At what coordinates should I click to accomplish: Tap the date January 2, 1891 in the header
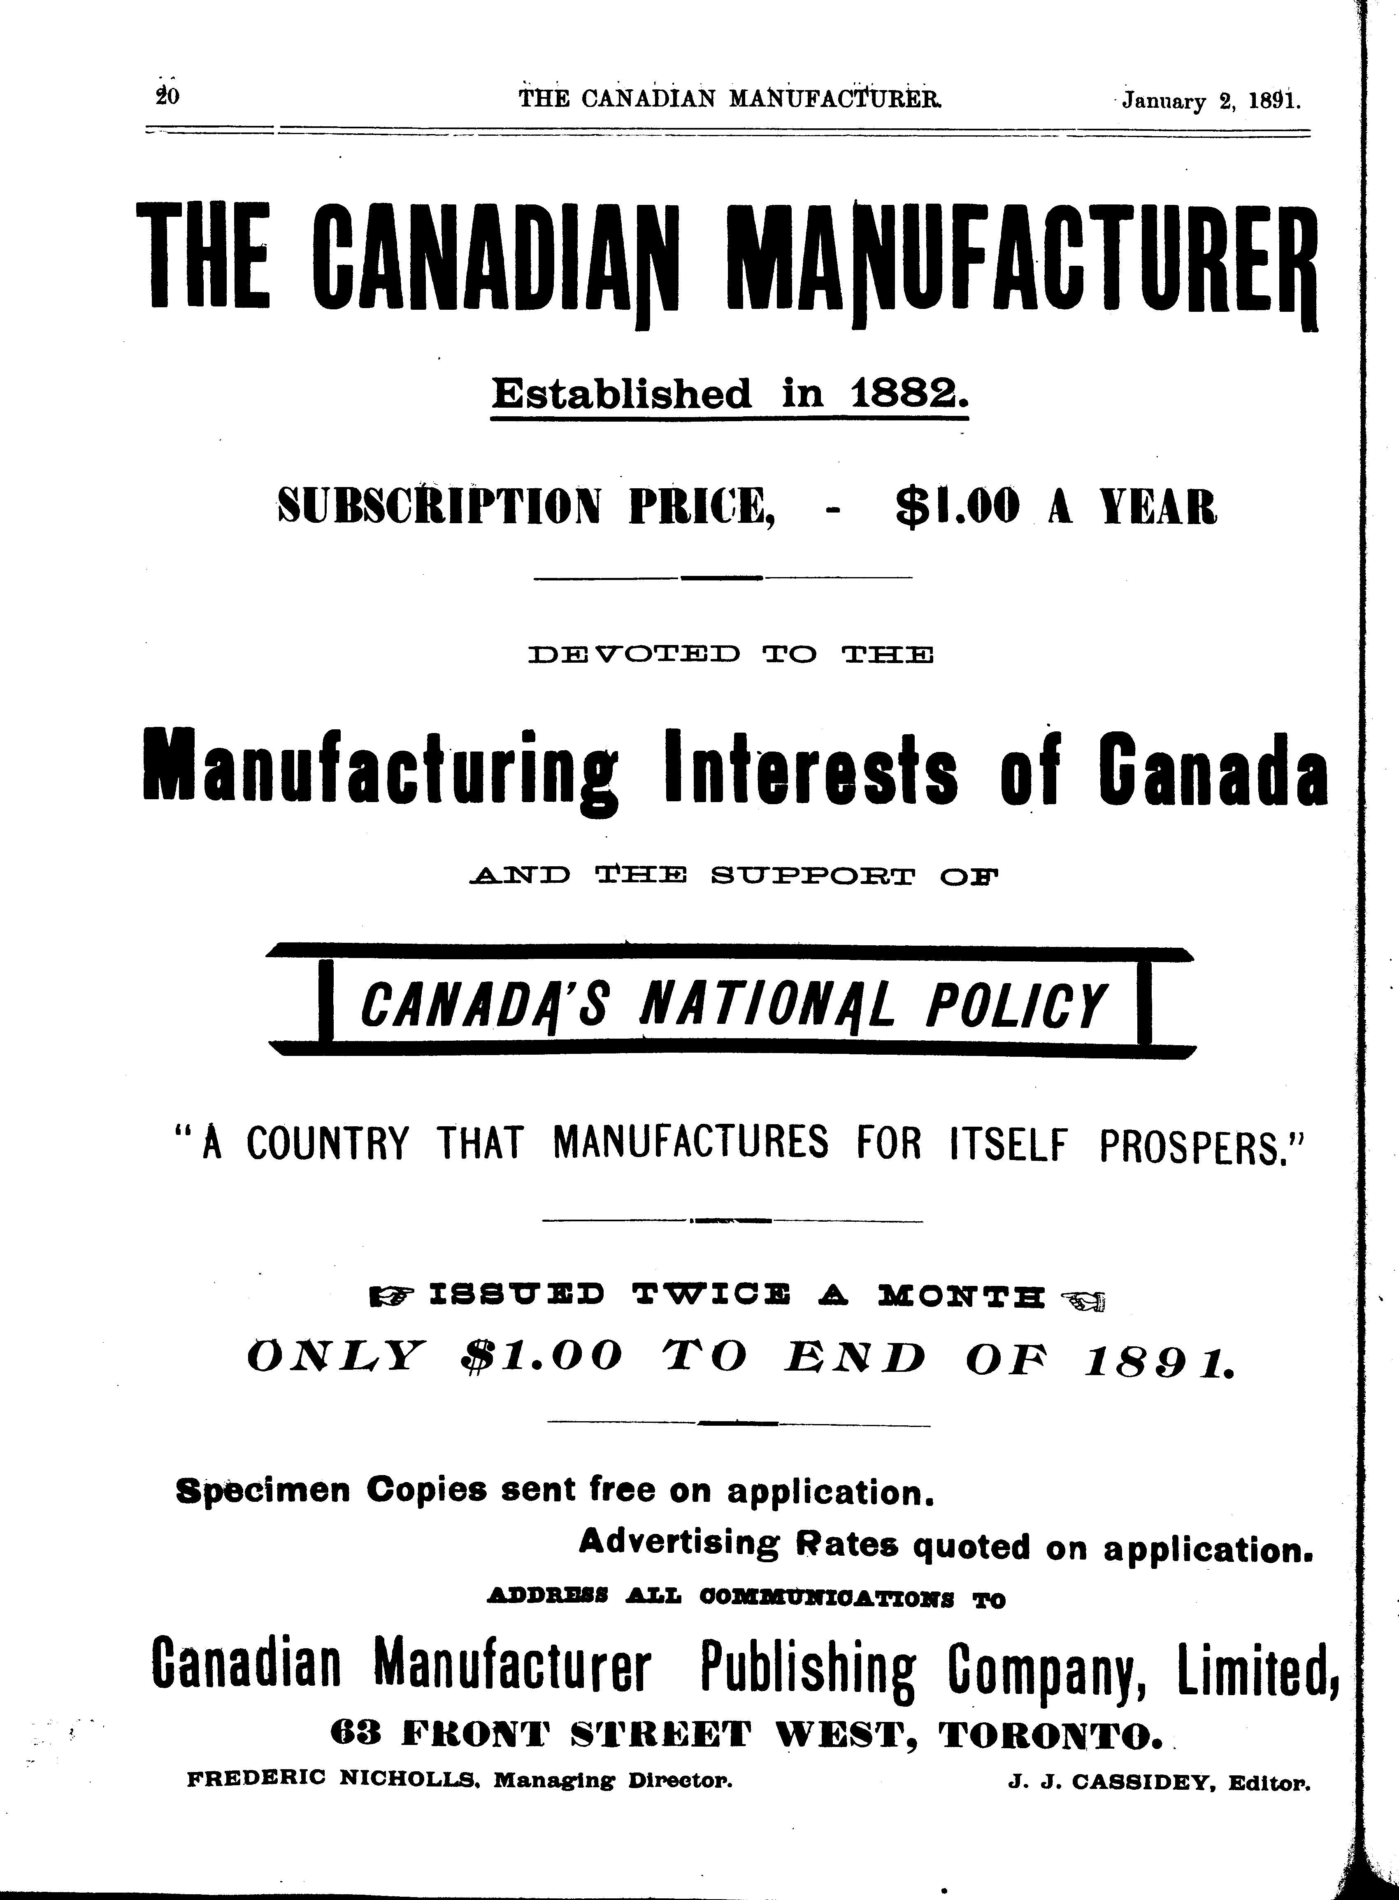coord(1211,102)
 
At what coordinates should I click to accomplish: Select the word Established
coord(622,394)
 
